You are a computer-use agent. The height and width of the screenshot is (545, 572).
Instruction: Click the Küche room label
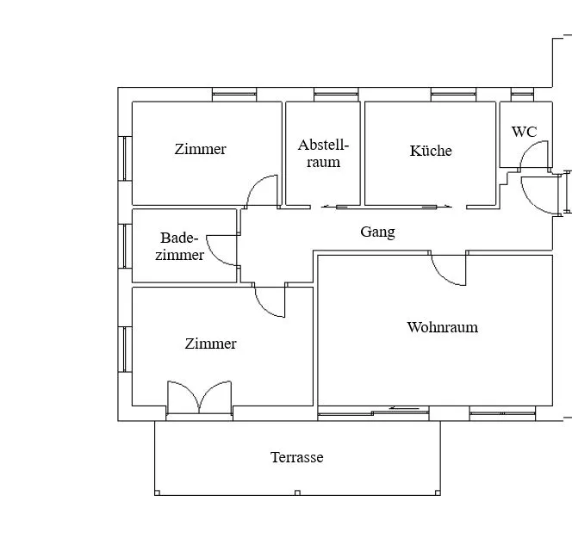coord(431,151)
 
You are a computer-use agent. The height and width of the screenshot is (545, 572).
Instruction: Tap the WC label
coord(525,132)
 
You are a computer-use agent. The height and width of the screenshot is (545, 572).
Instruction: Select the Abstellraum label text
coord(323,153)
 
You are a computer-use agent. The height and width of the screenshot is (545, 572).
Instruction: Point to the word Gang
coord(377,232)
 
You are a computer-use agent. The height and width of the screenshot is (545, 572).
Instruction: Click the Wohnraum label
coord(443,327)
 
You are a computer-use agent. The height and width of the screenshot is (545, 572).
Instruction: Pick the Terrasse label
coord(297,457)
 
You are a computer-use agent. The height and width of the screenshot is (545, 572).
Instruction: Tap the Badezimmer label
coord(179,246)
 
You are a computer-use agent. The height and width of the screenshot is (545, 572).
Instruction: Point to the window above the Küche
coord(453,95)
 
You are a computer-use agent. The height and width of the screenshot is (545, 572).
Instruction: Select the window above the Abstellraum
coord(336,95)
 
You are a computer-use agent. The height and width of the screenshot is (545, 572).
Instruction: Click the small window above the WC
coord(522,95)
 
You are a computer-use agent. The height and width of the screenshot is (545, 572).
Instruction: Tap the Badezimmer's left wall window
coord(125,246)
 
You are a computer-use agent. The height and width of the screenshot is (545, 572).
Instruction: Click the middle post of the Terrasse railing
coord(297,492)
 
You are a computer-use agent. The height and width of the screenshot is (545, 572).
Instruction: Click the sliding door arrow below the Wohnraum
coord(403,408)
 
